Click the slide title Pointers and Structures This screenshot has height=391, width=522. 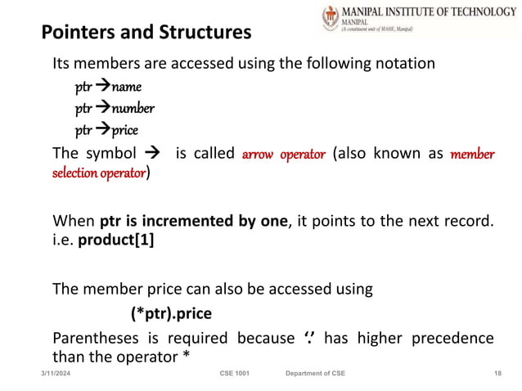pyautogui.click(x=146, y=34)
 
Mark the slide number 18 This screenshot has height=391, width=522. pyautogui.click(x=497, y=373)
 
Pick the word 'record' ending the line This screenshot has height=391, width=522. pyautogui.click(x=471, y=221)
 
